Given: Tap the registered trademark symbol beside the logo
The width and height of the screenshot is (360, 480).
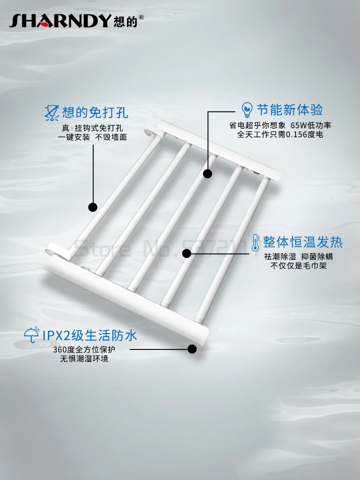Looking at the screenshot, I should click(141, 17).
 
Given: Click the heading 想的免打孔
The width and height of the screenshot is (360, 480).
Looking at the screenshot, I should click(96, 113).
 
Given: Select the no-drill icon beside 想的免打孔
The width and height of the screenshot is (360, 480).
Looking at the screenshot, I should click(50, 113).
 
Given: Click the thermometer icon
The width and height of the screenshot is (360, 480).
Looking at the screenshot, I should click(255, 241).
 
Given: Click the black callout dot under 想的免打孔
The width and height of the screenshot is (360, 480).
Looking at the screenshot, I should click(93, 207).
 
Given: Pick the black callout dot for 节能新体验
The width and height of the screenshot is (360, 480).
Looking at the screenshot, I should click(207, 173).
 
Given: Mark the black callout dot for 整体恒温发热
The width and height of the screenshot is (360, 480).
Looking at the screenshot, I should click(187, 253).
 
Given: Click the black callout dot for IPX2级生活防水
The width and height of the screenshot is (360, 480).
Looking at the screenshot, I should click(192, 349).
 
